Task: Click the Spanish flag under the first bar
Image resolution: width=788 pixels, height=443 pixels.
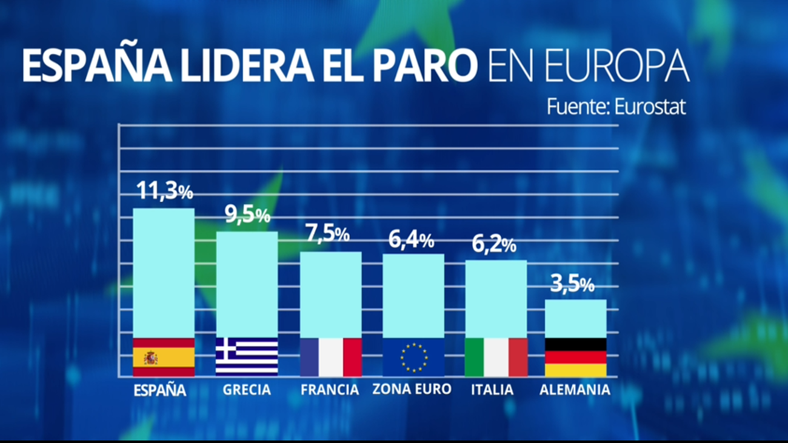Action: point(164,358)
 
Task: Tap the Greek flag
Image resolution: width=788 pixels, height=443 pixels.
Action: point(247,358)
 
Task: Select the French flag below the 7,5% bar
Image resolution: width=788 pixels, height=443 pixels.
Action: point(331,358)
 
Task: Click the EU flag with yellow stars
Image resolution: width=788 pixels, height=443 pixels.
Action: point(413,358)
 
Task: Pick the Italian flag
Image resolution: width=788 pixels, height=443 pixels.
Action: point(496,358)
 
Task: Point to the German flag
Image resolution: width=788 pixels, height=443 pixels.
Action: point(575,358)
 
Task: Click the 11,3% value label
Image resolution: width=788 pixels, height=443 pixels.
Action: point(164,191)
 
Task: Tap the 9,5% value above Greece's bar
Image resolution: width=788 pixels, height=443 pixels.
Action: point(247,215)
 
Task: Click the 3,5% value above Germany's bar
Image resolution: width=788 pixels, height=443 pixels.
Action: point(572,284)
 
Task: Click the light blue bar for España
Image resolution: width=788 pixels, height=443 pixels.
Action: point(164,273)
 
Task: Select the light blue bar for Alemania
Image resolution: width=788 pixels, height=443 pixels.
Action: point(575,319)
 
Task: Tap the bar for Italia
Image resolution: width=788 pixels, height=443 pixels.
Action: point(496,299)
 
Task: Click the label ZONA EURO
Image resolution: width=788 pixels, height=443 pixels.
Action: point(412,390)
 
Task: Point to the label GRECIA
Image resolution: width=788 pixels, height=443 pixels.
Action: point(247,390)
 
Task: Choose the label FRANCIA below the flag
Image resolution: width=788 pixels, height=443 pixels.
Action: point(330,390)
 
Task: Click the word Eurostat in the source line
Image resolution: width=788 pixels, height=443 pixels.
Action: point(650,107)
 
